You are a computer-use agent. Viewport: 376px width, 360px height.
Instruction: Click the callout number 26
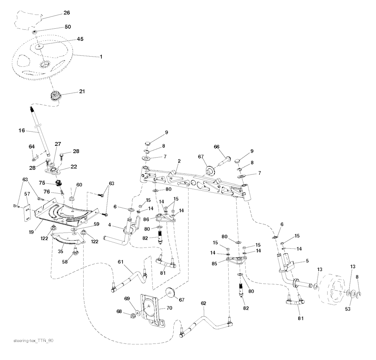pyautogui.click(x=66, y=13)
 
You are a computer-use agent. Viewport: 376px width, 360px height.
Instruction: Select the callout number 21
pyautogui.click(x=82, y=91)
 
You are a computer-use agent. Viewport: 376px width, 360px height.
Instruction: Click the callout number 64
pyautogui.click(x=32, y=147)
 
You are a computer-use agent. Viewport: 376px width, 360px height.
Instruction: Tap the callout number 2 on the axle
pyautogui.click(x=179, y=161)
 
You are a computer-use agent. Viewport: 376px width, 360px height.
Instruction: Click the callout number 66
pyautogui.click(x=217, y=147)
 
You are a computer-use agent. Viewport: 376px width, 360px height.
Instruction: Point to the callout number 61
pyautogui.click(x=120, y=261)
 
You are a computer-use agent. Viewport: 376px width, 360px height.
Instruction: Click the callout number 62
pyautogui.click(x=203, y=303)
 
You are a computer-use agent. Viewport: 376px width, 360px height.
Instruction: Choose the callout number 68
pyautogui.click(x=119, y=312)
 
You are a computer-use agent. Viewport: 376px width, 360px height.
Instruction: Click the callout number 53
pyautogui.click(x=347, y=309)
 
